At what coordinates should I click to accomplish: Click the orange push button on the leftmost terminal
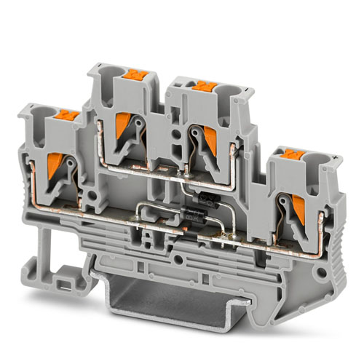pyautogui.click(x=68, y=114)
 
